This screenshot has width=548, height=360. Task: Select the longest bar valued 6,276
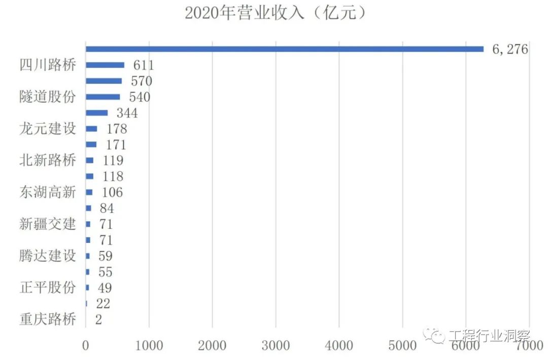[284, 49]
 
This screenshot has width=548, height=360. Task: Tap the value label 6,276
[510, 50]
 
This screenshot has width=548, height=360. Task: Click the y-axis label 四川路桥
[48, 65]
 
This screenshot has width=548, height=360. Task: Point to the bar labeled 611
[105, 65]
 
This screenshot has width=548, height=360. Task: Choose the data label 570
[142, 81]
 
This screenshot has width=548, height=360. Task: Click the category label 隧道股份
[48, 97]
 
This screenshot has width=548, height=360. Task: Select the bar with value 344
[97, 113]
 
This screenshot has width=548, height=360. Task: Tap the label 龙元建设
[48, 129]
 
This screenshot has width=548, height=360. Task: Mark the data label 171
[116, 145]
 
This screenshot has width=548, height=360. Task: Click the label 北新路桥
[48, 161]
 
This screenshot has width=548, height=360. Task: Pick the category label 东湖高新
[48, 193]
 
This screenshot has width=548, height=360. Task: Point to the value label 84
[107, 208]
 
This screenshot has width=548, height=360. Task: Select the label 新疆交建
[48, 224]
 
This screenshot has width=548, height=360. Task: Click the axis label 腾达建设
[48, 256]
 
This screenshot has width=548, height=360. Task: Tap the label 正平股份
[48, 288]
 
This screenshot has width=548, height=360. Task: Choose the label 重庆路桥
[48, 320]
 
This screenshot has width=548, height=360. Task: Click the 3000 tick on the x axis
[276, 346]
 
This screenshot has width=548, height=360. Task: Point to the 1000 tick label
[149, 346]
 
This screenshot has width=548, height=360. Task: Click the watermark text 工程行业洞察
[488, 336]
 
